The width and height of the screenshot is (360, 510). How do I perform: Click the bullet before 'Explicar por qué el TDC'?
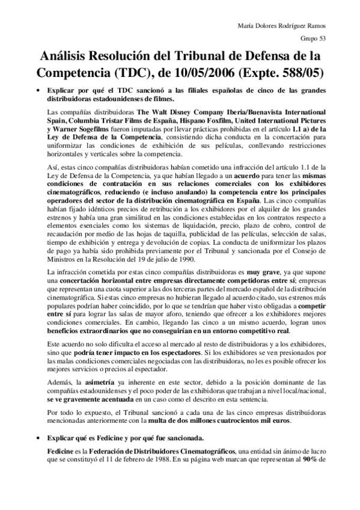point(39,91)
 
